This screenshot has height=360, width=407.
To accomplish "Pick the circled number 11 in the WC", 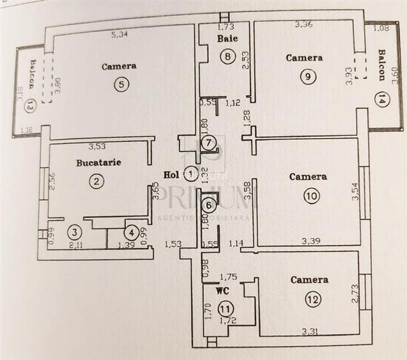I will pyautogui.click(x=224, y=308).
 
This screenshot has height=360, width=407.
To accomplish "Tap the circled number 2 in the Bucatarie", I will pyautogui.click(x=96, y=181).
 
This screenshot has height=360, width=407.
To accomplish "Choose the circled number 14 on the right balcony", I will pyautogui.click(x=381, y=100).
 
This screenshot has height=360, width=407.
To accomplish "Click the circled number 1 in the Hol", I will pyautogui.click(x=190, y=172).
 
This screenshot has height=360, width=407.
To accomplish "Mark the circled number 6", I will pyautogui.click(x=208, y=205).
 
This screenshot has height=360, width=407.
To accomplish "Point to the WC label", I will pyautogui.click(x=222, y=290).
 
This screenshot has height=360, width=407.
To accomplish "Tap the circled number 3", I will pyautogui.click(x=74, y=232).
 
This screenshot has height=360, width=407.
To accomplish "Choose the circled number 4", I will pyautogui.click(x=130, y=232).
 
